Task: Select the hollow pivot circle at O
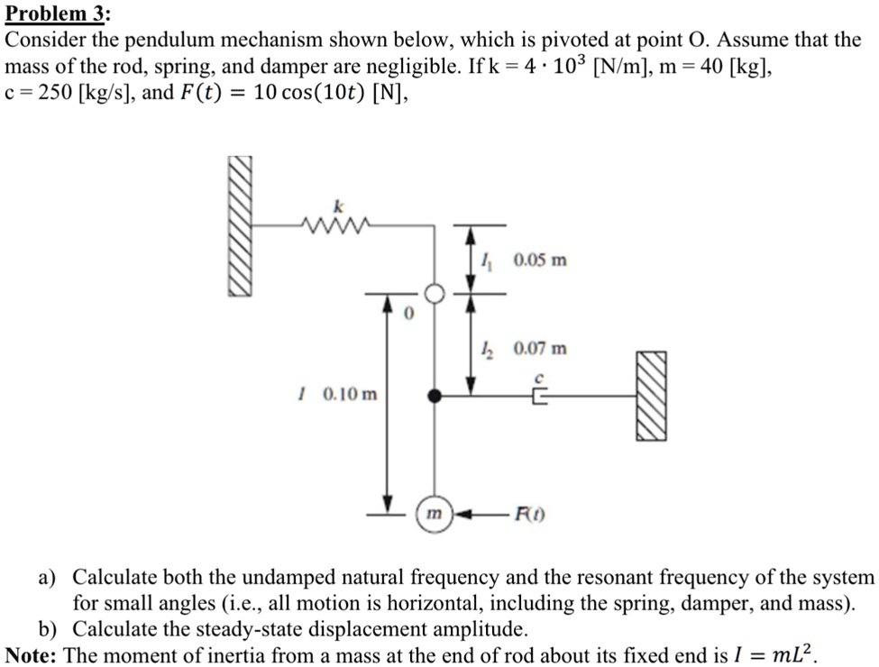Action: click(x=435, y=294)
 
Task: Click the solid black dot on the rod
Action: click(x=435, y=395)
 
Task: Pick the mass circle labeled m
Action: click(x=435, y=513)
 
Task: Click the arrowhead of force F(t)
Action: click(x=461, y=514)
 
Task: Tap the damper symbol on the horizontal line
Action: click(x=539, y=395)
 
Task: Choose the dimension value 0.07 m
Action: click(x=541, y=348)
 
